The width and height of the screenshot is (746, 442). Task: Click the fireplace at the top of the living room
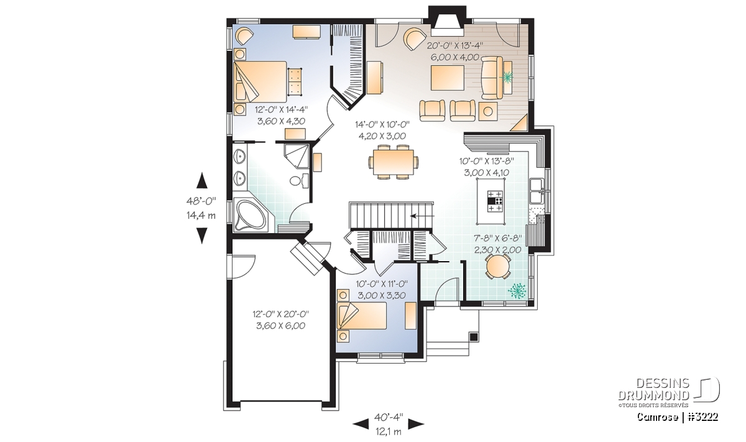coord(447,21)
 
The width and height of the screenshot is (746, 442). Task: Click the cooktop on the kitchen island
coord(495,201)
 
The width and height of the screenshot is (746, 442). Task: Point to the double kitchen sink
coord(536,190)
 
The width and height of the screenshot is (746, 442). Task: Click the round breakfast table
coord(497,267)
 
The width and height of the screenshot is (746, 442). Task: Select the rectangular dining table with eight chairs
coord(394,162)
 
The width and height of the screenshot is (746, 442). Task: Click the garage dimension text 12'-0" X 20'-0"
coord(281,314)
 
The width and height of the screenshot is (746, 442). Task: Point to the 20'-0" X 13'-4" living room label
coord(455,45)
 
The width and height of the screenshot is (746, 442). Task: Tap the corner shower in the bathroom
coord(297,156)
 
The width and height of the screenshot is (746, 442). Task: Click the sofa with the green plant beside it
coord(492,78)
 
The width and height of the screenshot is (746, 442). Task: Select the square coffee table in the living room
coord(447,78)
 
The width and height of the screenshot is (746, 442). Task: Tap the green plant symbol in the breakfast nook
coord(517,290)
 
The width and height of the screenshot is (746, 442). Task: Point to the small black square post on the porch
coord(473,337)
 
